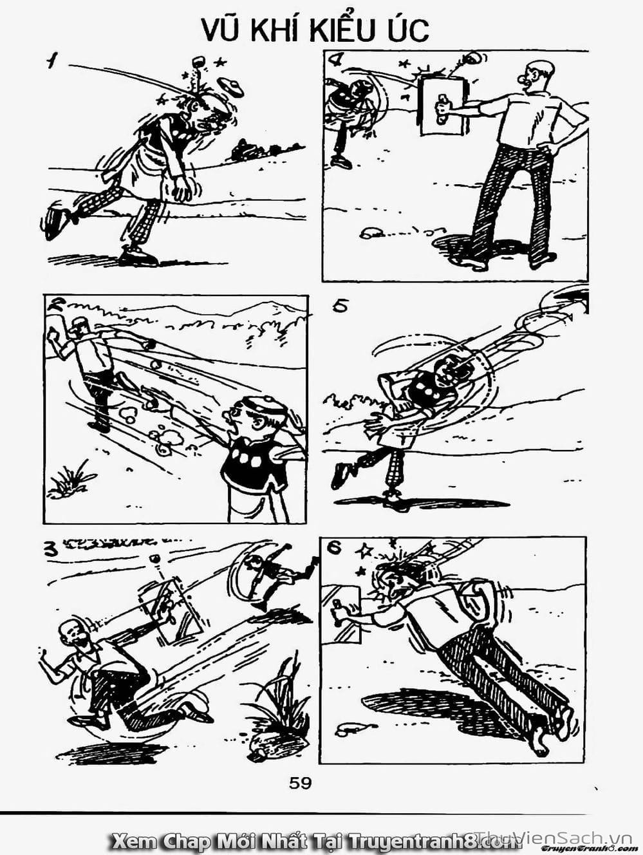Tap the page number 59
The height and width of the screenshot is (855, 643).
[300, 784]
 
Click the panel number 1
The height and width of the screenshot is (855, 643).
[51, 62]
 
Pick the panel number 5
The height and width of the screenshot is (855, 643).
[340, 306]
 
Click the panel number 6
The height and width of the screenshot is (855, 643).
[333, 548]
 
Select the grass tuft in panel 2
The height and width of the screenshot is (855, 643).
[70, 480]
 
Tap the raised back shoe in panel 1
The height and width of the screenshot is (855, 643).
[57, 220]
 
